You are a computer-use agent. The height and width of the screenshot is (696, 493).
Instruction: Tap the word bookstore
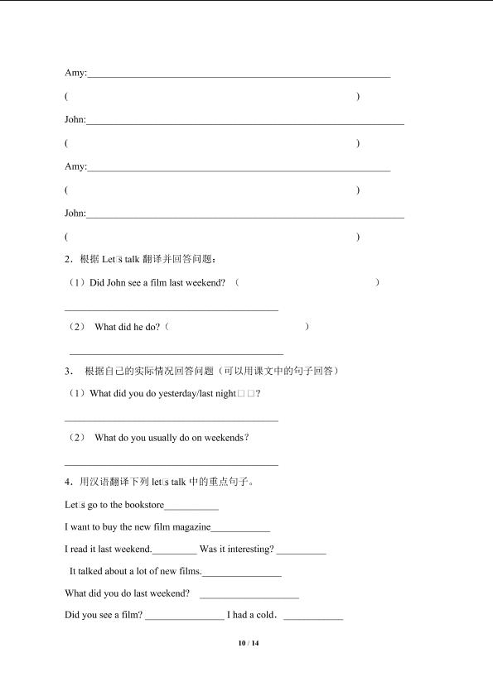point(143,505)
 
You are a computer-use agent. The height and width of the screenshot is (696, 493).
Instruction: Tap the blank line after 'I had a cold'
point(313,617)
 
